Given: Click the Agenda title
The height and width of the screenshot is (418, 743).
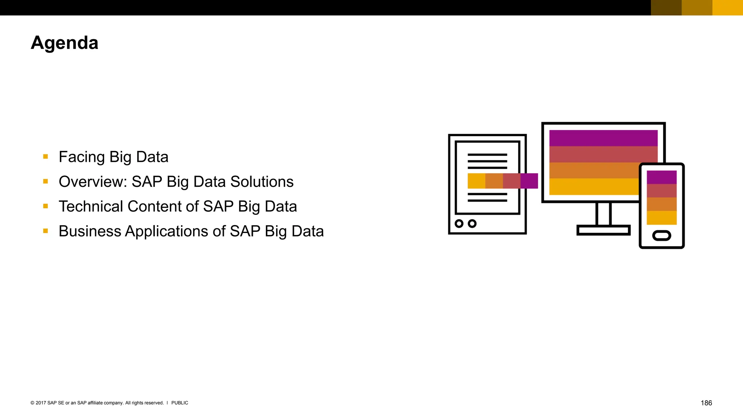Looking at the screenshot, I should click(65, 43).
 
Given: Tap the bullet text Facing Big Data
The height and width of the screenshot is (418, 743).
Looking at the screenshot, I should click(113, 157).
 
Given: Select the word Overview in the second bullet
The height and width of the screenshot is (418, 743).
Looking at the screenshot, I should click(93, 182).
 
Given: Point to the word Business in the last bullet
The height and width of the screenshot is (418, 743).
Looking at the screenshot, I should click(90, 231).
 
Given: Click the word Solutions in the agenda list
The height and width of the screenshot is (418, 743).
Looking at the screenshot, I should click(262, 182).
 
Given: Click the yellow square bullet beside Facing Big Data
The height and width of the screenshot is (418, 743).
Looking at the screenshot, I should click(45, 157).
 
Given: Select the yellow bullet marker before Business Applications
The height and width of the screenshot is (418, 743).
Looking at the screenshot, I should click(45, 231).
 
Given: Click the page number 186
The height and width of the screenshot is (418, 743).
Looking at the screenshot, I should click(706, 403).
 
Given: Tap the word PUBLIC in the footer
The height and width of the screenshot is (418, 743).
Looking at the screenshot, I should click(180, 403).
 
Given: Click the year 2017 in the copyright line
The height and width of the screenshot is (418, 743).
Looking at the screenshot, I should click(41, 403).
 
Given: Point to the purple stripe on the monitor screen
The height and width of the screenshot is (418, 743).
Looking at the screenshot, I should click(603, 138).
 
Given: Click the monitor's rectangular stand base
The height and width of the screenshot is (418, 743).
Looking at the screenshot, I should click(603, 230).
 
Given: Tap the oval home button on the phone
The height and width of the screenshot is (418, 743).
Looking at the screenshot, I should click(661, 236).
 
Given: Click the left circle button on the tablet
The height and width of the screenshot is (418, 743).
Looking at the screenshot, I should click(459, 224).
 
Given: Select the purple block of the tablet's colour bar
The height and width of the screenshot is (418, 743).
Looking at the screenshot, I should click(529, 181).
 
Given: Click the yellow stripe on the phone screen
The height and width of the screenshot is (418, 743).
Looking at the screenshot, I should click(661, 218).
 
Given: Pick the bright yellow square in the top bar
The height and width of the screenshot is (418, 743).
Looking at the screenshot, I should click(727, 8).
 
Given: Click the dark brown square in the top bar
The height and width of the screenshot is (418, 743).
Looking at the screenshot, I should click(666, 8).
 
